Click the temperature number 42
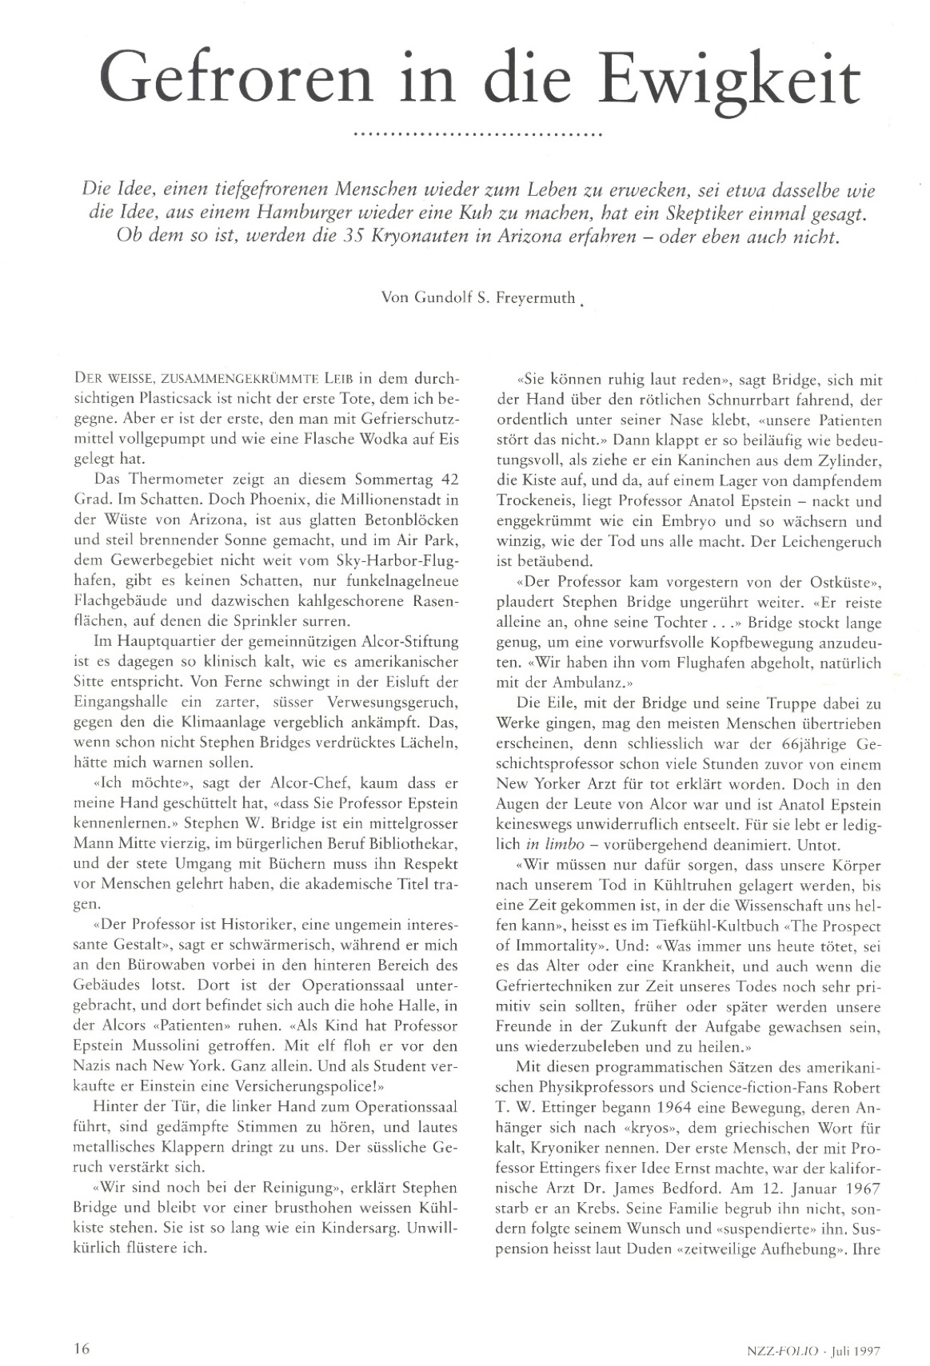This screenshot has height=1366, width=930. (x=448, y=480)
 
